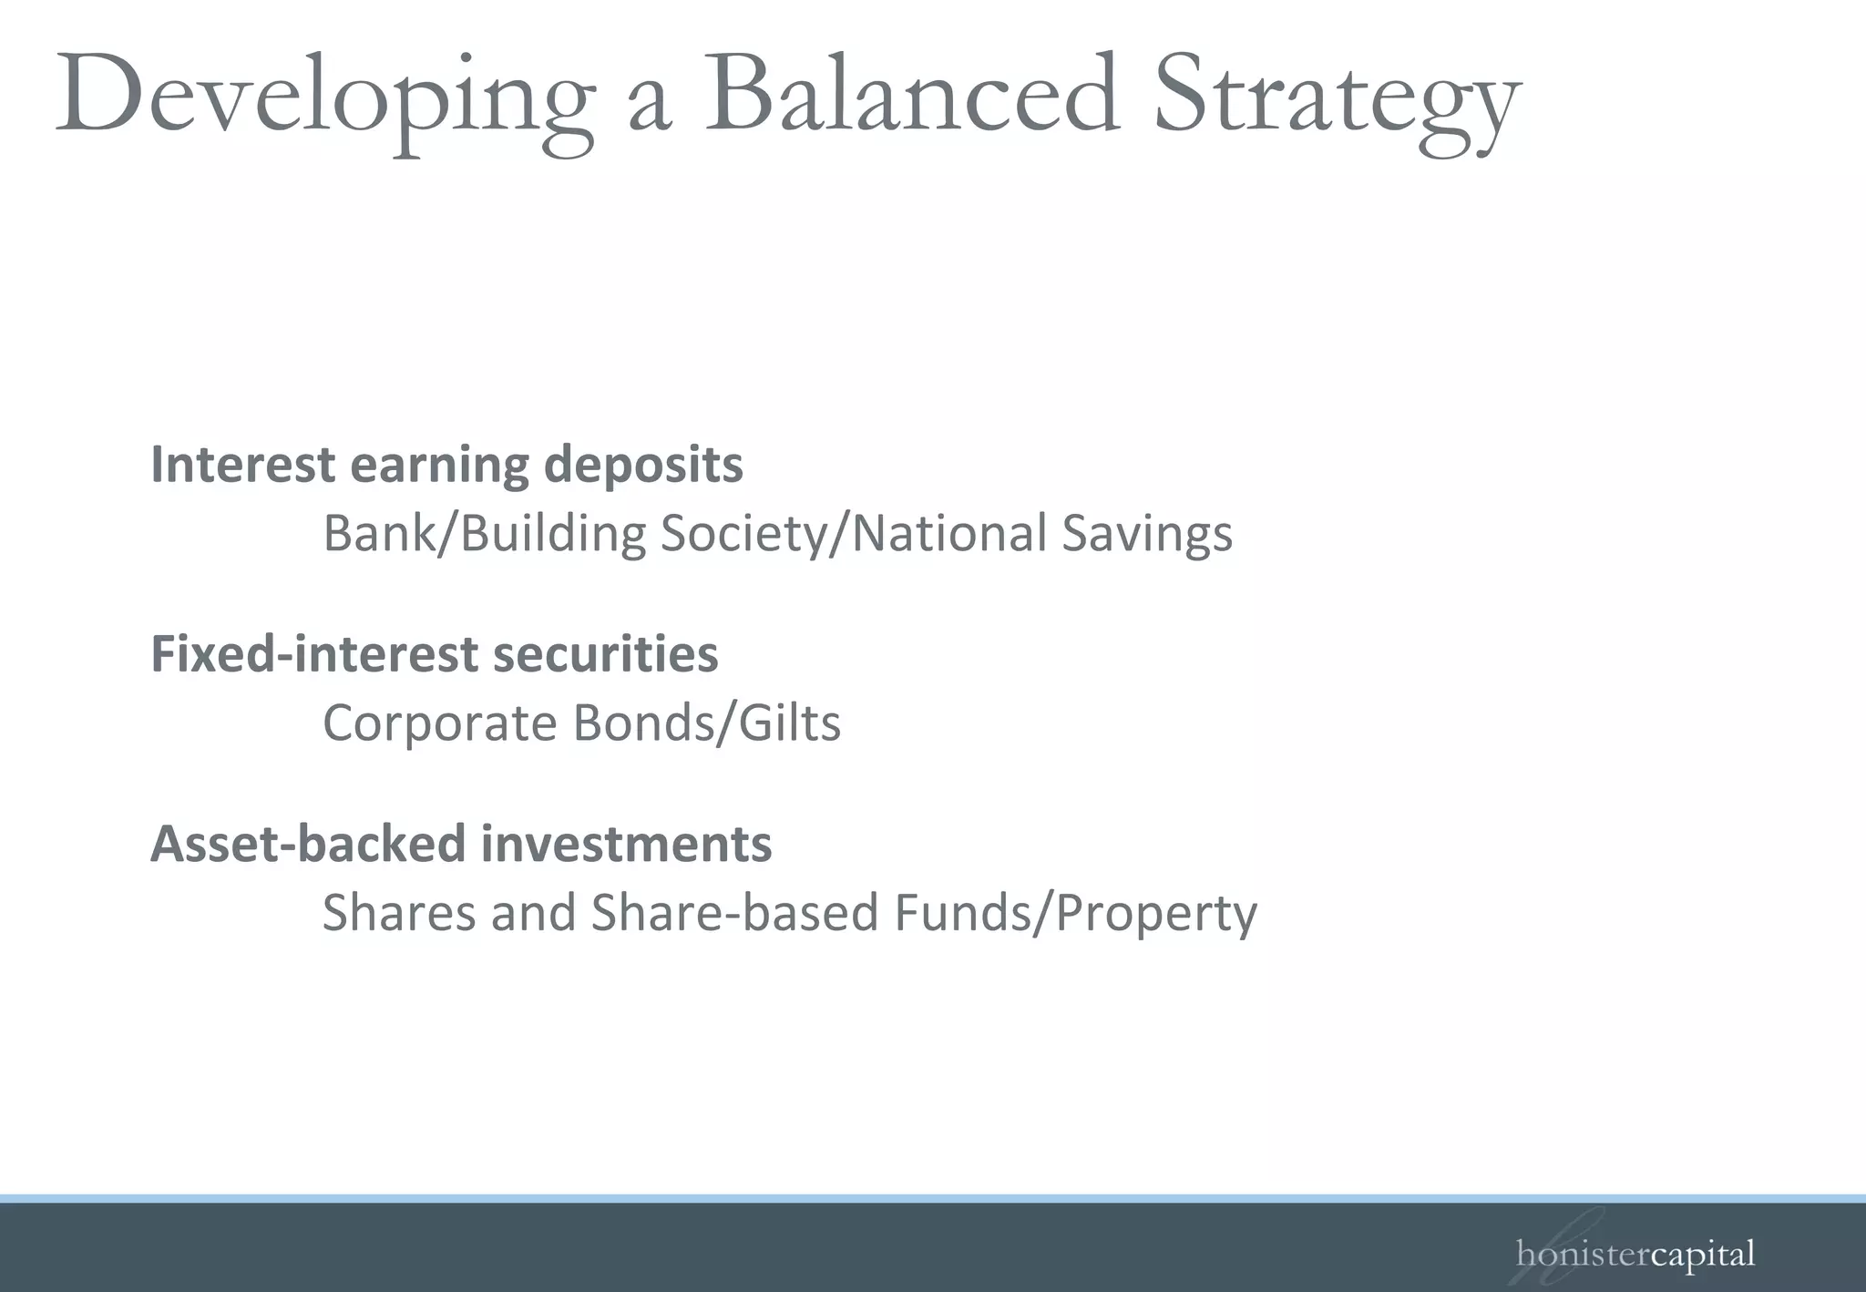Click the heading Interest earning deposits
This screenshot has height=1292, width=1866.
coord(446,465)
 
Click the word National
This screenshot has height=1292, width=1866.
coord(948,534)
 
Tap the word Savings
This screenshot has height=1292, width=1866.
coord(1146,535)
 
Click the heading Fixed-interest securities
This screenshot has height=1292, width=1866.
coord(434,654)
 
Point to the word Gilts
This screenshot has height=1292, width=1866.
coord(789,723)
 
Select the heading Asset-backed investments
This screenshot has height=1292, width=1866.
coord(461,844)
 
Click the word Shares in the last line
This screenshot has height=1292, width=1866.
coord(399,913)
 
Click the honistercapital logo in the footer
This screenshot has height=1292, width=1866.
coord(1635,1255)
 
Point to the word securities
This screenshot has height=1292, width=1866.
coord(605,654)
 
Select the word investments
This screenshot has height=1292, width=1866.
coord(626,844)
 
